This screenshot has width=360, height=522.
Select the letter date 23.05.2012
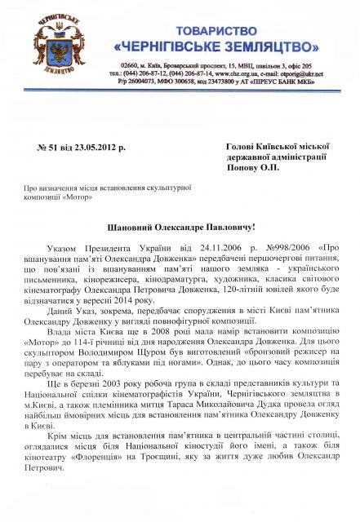pos(101,148)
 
